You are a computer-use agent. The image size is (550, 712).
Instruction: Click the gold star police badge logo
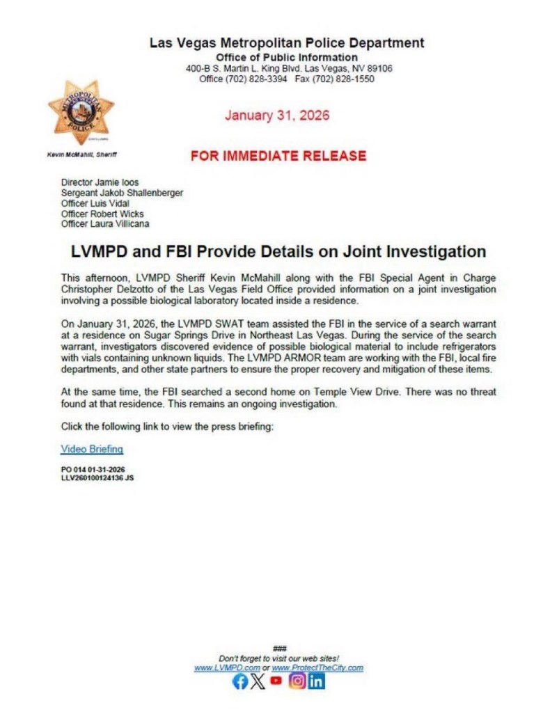[81, 112]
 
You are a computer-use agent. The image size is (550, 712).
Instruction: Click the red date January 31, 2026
[277, 116]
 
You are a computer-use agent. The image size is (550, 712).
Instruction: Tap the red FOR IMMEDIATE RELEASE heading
[278, 156]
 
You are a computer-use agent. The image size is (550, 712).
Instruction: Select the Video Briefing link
[92, 449]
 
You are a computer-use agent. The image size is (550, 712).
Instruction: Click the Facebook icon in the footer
[239, 682]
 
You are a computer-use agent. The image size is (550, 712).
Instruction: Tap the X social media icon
[258, 682]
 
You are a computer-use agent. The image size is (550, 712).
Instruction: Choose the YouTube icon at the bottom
[277, 681]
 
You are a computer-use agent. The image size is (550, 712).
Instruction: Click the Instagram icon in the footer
[297, 682]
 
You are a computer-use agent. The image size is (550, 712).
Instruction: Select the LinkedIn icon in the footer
[316, 682]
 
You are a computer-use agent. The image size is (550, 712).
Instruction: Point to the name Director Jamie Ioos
[100, 182]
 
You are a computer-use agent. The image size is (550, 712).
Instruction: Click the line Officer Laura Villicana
[105, 224]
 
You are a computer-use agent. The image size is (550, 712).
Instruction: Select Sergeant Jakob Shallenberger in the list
[122, 193]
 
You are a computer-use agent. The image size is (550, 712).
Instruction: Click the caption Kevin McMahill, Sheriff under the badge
[78, 155]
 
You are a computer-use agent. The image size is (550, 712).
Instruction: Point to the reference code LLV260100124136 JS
[97, 478]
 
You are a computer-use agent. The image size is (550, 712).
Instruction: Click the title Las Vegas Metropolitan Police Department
[287, 42]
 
